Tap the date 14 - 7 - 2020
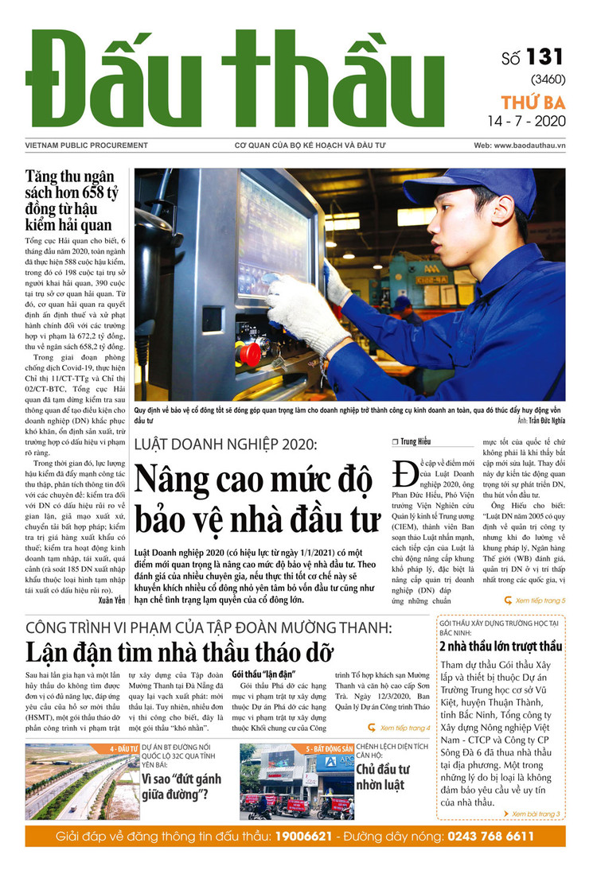pos(526,122)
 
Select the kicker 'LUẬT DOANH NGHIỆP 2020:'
pos(225,444)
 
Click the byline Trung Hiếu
pos(414,442)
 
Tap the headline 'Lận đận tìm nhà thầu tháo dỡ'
pos(178,651)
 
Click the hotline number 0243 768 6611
pos(490,837)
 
